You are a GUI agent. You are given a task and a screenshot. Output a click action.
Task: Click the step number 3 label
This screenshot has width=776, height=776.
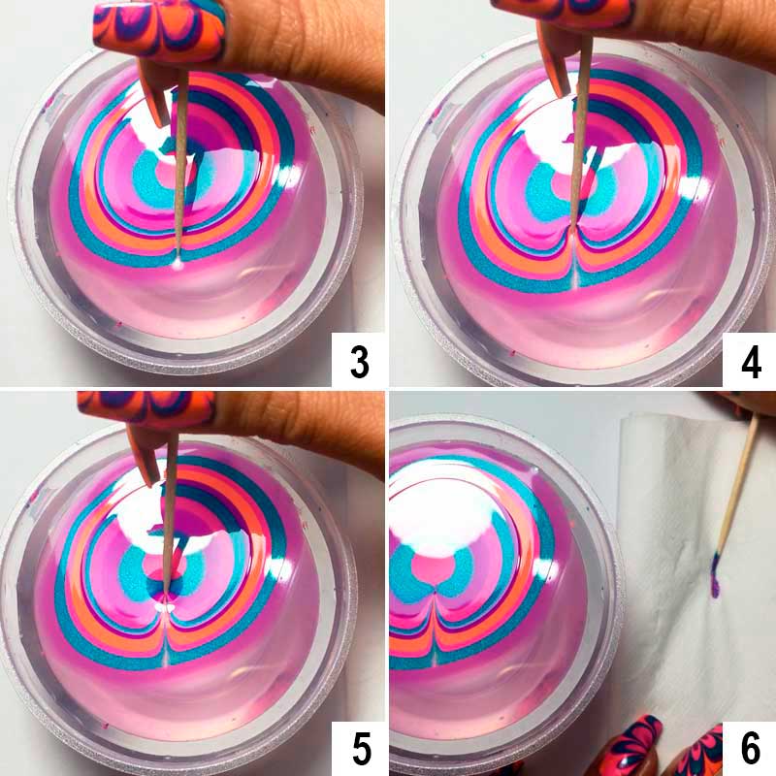(360, 361)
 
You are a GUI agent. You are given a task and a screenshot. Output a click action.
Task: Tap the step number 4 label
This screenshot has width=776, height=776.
(751, 361)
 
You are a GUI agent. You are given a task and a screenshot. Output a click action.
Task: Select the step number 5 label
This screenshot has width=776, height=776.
(361, 749)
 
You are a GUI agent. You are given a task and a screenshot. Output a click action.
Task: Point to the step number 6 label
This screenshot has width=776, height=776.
(750, 749)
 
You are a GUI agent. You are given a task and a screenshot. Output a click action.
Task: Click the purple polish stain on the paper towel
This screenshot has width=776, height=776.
(716, 576)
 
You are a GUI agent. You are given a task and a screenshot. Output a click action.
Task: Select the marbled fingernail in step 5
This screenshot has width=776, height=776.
(146, 406)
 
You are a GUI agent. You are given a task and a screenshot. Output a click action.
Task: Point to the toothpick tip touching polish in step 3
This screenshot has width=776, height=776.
(178, 263)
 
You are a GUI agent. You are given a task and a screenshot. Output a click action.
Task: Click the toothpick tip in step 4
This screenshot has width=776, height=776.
(573, 229)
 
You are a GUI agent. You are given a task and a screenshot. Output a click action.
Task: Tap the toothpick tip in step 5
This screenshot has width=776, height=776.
(166, 593)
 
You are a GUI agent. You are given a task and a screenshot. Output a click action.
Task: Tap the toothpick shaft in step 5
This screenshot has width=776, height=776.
(169, 510)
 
